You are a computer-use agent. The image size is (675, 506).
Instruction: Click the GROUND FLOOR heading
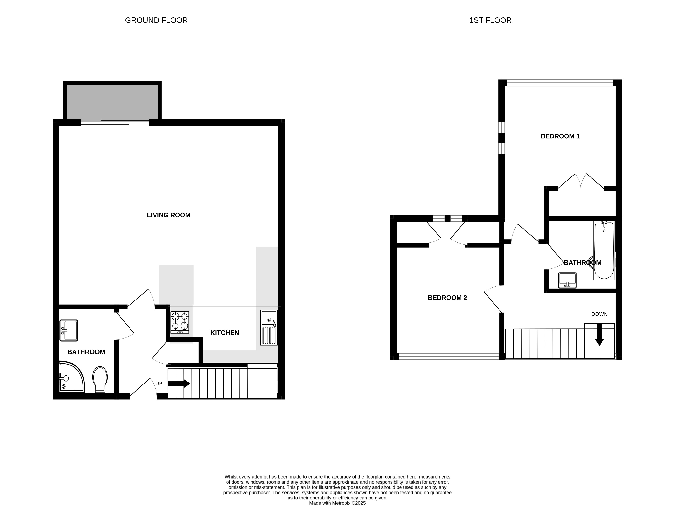156,20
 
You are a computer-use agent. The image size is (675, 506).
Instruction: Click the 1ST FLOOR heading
490,20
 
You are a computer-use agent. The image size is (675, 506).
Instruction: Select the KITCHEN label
225,333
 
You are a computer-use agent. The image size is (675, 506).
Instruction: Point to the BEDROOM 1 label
560,136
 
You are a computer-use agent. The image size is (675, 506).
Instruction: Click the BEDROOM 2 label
447,298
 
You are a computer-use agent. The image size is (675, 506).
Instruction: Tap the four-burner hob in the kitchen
180,322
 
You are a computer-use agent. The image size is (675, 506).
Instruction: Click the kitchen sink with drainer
269,328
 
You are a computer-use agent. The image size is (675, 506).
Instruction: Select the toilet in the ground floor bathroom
100,379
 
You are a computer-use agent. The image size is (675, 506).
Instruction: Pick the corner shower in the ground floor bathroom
71,377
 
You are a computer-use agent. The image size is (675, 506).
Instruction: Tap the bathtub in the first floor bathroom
604,250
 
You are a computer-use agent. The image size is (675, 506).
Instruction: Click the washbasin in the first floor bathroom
567,280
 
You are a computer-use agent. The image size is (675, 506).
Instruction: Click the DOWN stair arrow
599,335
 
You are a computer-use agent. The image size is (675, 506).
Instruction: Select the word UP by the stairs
159,384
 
